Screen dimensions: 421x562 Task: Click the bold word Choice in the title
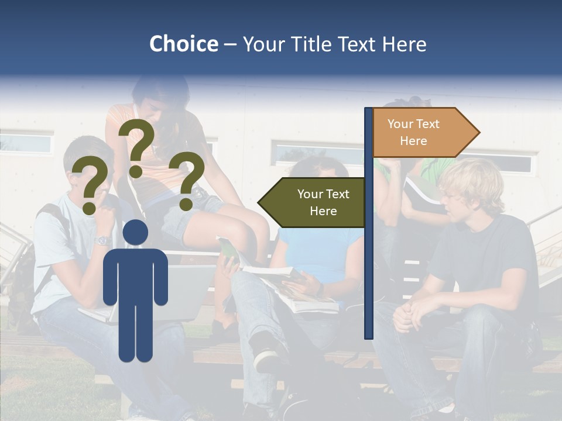(183, 44)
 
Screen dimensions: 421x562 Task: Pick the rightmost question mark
(187, 179)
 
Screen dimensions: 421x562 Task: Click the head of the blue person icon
(136, 232)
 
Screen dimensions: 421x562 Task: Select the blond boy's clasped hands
(410, 313)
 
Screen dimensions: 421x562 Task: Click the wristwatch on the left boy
(103, 240)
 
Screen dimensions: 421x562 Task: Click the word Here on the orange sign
(413, 141)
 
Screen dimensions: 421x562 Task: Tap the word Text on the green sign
(337, 194)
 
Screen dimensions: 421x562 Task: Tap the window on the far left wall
(26, 143)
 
